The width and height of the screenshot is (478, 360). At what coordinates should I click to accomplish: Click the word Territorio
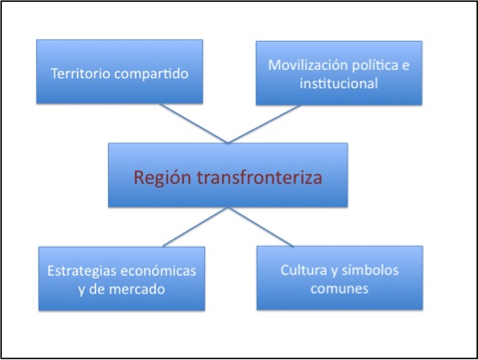(81, 73)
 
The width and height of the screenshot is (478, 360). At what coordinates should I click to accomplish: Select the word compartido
(151, 74)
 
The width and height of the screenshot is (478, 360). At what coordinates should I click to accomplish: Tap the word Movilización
(307, 65)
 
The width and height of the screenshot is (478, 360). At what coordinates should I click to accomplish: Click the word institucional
(338, 83)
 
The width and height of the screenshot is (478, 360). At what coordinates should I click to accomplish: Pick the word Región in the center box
(162, 178)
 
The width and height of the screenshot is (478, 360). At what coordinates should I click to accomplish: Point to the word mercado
(137, 289)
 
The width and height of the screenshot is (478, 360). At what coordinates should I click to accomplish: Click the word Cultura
(304, 270)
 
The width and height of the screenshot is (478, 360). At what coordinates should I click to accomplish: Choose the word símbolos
(370, 270)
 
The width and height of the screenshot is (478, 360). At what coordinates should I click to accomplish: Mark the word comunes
(339, 288)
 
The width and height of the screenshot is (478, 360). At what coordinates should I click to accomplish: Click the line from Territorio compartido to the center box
(194, 123)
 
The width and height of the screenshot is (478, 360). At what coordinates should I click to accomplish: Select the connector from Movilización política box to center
(264, 124)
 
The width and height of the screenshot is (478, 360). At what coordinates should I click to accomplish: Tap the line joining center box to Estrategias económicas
(195, 227)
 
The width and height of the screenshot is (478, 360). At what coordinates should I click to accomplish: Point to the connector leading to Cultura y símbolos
(260, 227)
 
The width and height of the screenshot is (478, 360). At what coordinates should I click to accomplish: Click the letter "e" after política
(405, 66)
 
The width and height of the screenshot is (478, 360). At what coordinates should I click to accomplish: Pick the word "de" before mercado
(97, 289)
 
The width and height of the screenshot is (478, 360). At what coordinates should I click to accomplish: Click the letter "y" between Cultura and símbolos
(334, 272)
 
